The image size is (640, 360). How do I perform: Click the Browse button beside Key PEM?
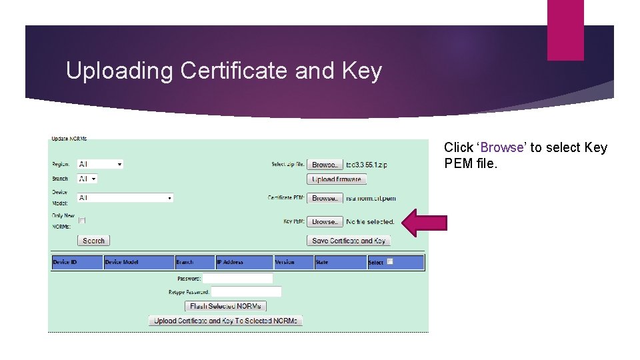click(x=325, y=221)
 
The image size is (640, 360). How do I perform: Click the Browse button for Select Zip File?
click(x=325, y=165)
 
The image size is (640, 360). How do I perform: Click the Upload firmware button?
click(x=337, y=179)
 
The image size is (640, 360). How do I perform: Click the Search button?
click(x=93, y=241)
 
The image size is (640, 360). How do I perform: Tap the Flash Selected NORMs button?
click(x=226, y=306)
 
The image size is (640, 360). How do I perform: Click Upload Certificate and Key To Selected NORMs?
click(x=225, y=321)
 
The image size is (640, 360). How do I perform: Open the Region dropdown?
click(x=100, y=164)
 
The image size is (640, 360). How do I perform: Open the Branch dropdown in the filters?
click(x=87, y=179)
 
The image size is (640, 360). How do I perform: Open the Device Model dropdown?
click(x=125, y=198)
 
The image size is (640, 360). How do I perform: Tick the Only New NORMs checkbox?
click(x=82, y=220)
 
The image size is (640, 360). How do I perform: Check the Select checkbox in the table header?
click(x=390, y=261)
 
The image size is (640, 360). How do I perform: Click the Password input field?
click(x=237, y=278)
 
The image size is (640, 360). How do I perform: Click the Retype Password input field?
click(x=246, y=292)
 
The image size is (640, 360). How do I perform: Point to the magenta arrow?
click(x=424, y=222)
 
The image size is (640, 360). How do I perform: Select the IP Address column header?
click(x=244, y=263)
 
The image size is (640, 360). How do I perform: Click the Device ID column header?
click(x=77, y=263)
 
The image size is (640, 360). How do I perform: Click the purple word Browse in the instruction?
click(x=502, y=147)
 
